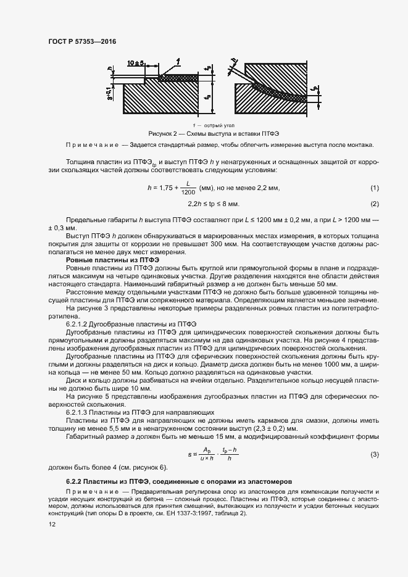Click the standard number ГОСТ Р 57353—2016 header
(x=82, y=41)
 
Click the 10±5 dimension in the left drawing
(x=136, y=63)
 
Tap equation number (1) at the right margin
(x=374, y=188)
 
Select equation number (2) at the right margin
(x=374, y=204)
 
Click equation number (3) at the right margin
(x=374, y=454)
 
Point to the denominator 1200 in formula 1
(x=188, y=193)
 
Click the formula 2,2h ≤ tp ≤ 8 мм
(x=213, y=204)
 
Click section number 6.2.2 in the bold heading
(x=74, y=480)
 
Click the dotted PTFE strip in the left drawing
(x=179, y=78)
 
